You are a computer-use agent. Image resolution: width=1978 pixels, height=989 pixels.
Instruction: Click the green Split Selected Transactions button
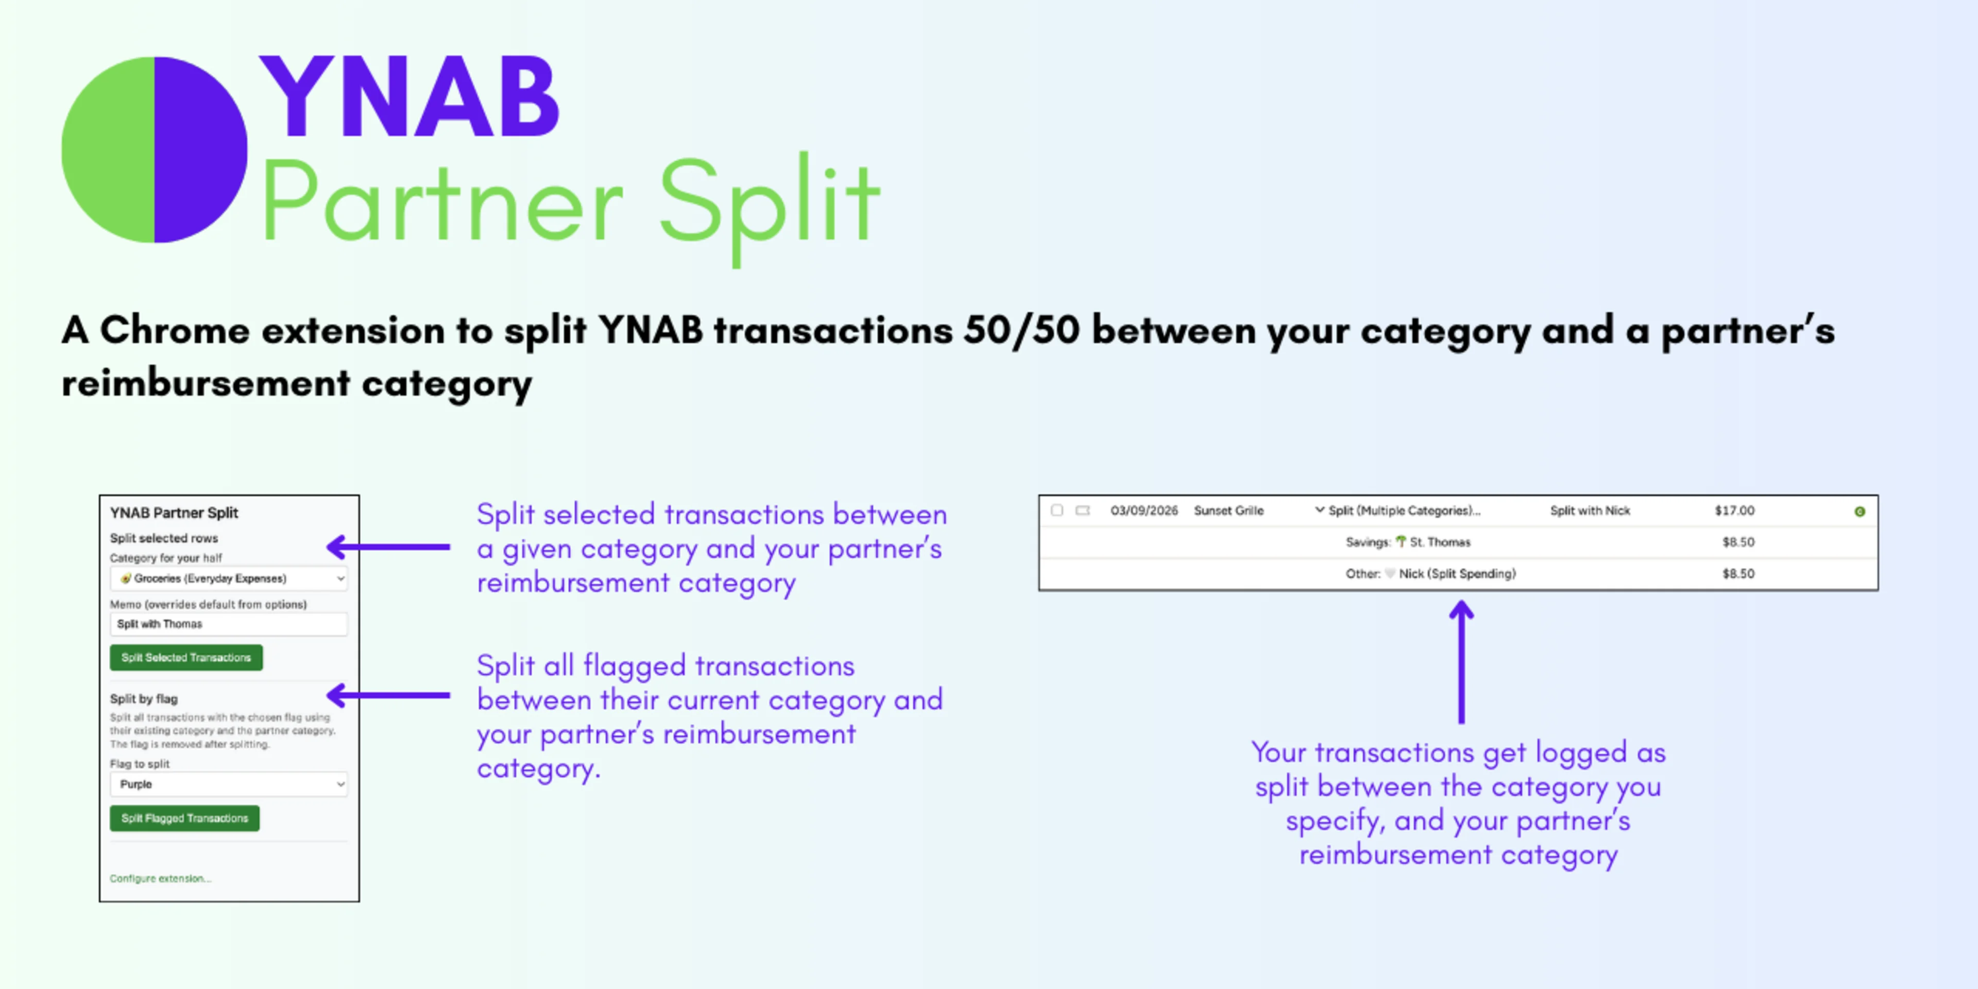186,657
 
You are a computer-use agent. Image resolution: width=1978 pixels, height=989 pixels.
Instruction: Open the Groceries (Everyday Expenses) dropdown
229,578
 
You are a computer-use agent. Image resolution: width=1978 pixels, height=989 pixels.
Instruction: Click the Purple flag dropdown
229,784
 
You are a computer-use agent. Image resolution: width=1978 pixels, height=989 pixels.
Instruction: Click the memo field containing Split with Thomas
229,623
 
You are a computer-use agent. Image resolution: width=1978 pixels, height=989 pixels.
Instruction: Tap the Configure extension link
160,878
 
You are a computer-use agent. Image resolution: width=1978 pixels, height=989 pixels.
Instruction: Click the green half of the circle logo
108,150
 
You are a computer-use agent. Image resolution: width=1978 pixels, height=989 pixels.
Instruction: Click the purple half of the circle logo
200,150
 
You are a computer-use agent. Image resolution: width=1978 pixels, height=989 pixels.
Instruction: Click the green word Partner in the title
441,201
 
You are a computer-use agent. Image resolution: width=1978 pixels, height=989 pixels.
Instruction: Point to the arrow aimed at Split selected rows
388,547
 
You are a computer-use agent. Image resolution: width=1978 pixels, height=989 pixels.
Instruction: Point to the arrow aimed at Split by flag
388,695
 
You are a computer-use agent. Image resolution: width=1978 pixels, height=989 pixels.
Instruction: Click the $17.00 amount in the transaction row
1734,510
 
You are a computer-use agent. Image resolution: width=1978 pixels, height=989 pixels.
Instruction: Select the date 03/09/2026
1144,510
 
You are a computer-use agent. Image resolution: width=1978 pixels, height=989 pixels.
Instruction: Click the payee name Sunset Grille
1228,510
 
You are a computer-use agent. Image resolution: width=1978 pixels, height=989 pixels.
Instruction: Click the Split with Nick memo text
1590,510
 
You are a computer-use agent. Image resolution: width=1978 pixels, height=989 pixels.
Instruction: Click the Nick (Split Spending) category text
1457,574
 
